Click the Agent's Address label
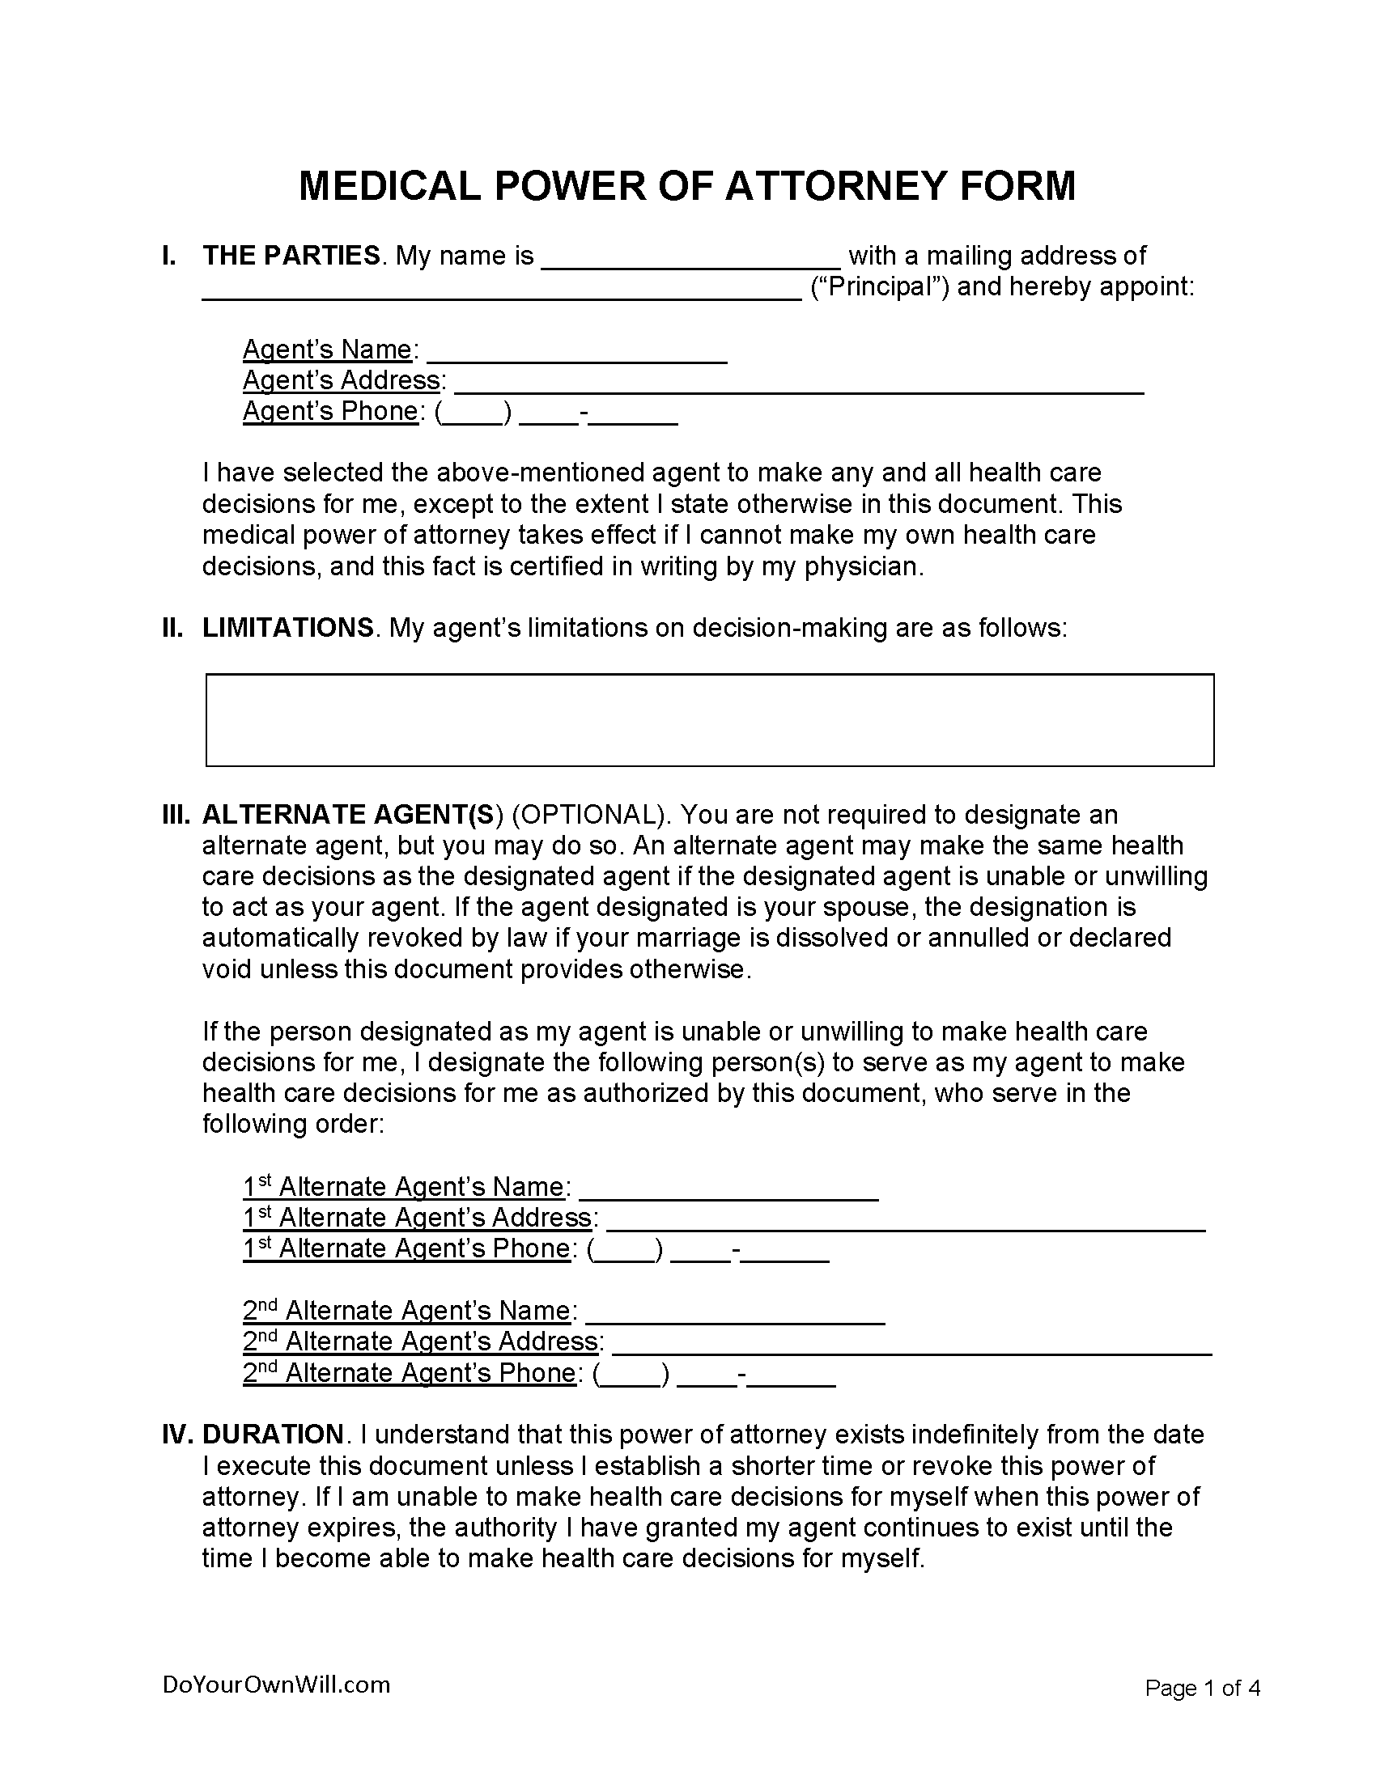pos(342,380)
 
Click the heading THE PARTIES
pos(291,256)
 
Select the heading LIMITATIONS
pos(288,628)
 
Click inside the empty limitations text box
pos(709,719)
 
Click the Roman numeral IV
pos(176,1434)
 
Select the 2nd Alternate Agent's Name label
pos(406,1311)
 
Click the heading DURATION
pos(273,1434)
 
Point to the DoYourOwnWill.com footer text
pos(276,1685)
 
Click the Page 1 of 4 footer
pos(1202,1688)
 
